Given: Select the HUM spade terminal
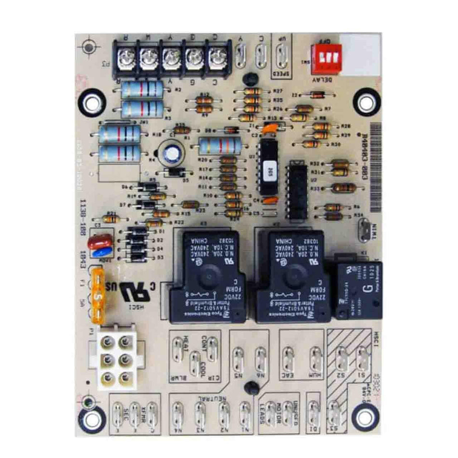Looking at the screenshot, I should (x=316, y=358).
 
